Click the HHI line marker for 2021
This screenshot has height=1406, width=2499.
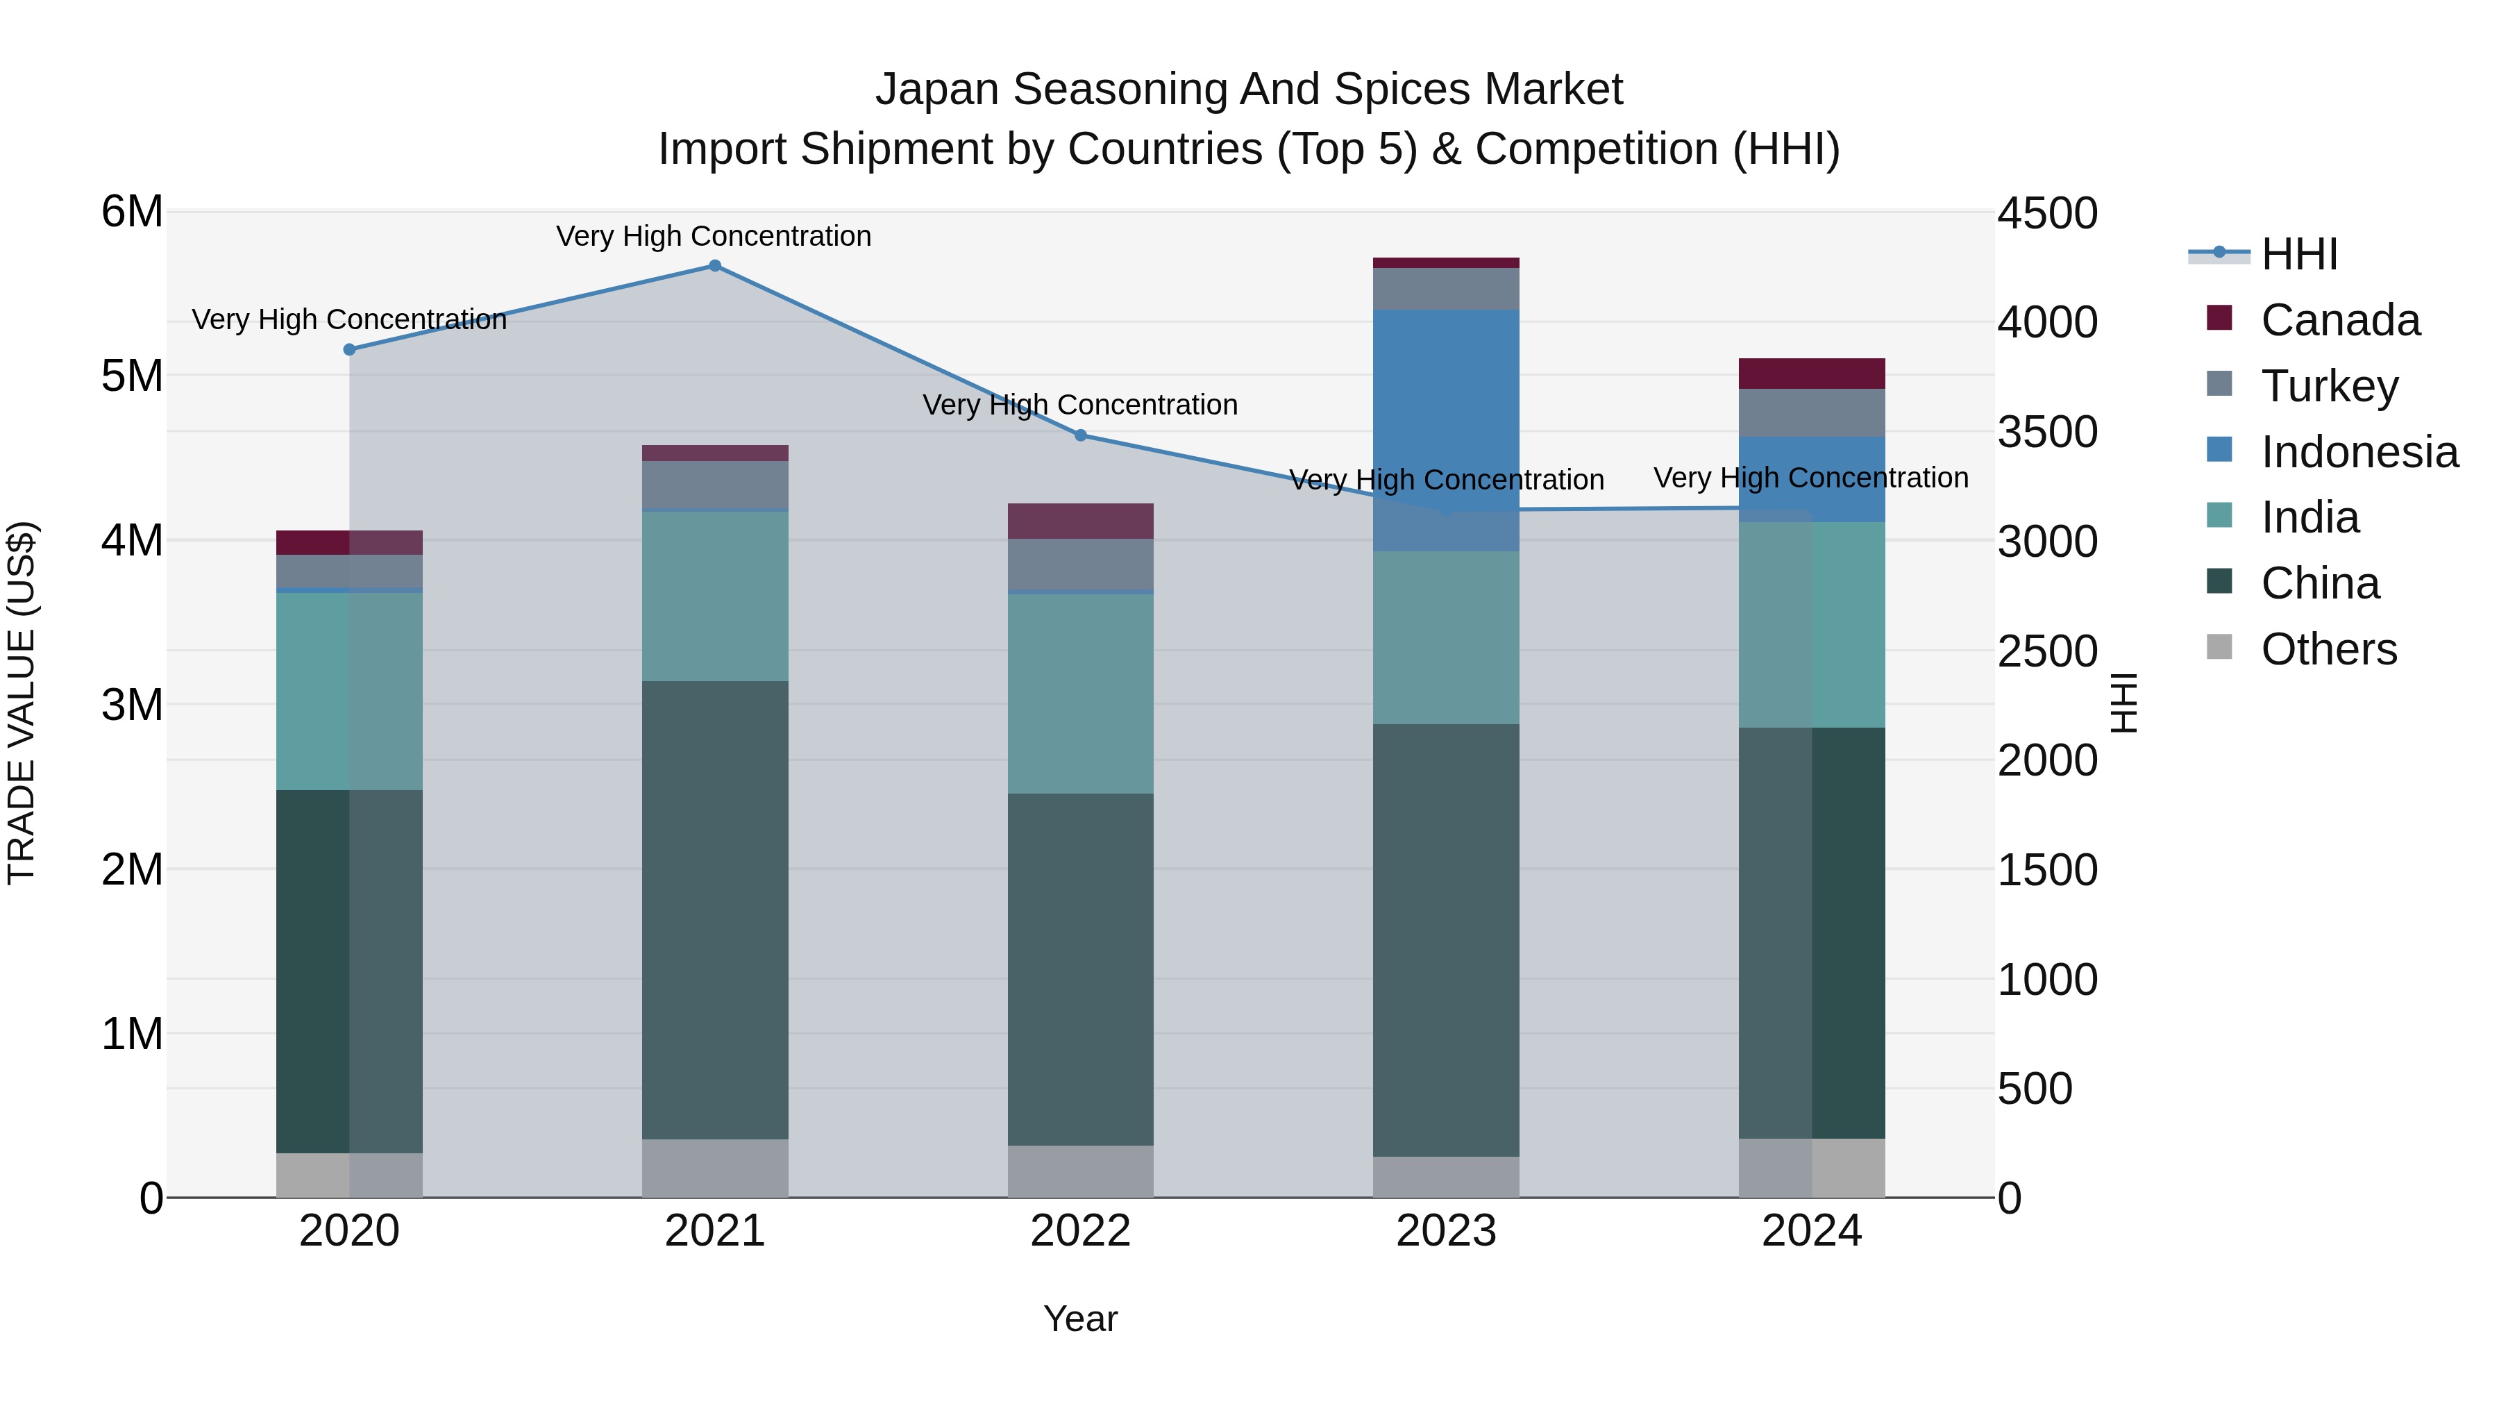click(715, 266)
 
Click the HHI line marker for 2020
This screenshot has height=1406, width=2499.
click(349, 349)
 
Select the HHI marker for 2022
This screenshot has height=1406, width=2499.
click(1081, 435)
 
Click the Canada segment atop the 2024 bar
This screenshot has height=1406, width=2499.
click(1811, 374)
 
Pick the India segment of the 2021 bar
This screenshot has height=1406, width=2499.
click(715, 596)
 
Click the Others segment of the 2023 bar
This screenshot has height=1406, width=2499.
click(1445, 1176)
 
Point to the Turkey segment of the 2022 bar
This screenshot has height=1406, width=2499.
click(1081, 564)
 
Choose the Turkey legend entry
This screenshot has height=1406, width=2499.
click(2328, 386)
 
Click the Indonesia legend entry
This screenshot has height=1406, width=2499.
click(2358, 452)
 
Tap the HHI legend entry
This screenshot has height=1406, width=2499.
click(2298, 254)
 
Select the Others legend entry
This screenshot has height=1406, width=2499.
click(2328, 649)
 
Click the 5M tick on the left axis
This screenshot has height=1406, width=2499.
click(133, 376)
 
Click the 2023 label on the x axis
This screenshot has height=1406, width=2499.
click(1445, 1231)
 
